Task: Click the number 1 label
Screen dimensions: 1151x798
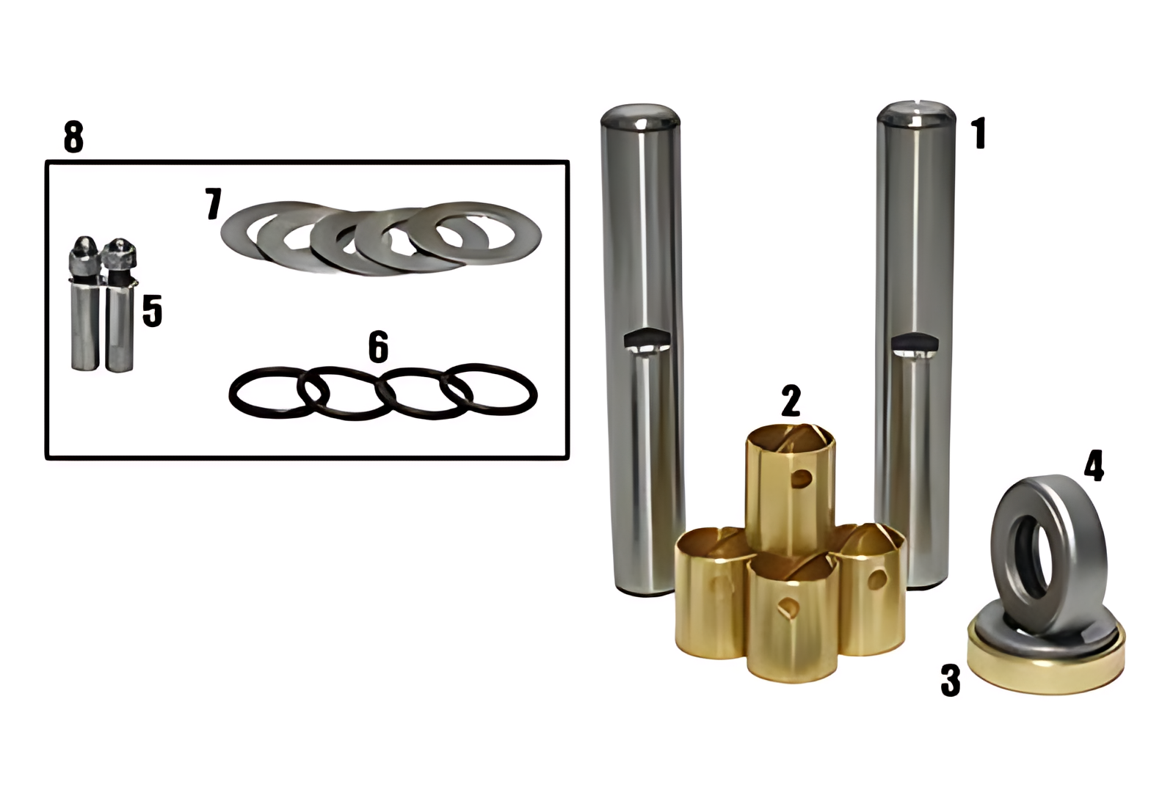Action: [979, 133]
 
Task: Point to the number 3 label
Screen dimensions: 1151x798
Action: [951, 681]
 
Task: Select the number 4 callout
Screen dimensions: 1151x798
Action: [1094, 465]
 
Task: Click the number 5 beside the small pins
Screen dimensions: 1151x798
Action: [152, 311]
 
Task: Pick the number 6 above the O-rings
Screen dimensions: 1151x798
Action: [379, 347]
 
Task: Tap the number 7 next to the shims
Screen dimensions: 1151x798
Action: [213, 204]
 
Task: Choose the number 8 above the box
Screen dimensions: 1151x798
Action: [73, 137]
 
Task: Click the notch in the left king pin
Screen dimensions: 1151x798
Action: [647, 340]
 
